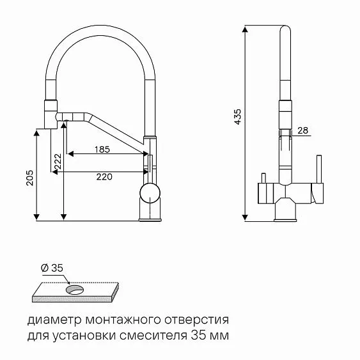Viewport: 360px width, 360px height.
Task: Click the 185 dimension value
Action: (102, 150)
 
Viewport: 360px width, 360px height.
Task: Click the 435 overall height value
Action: (238, 118)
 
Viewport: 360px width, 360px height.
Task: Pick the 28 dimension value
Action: (303, 130)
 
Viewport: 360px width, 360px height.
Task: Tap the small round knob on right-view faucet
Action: (261, 176)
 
